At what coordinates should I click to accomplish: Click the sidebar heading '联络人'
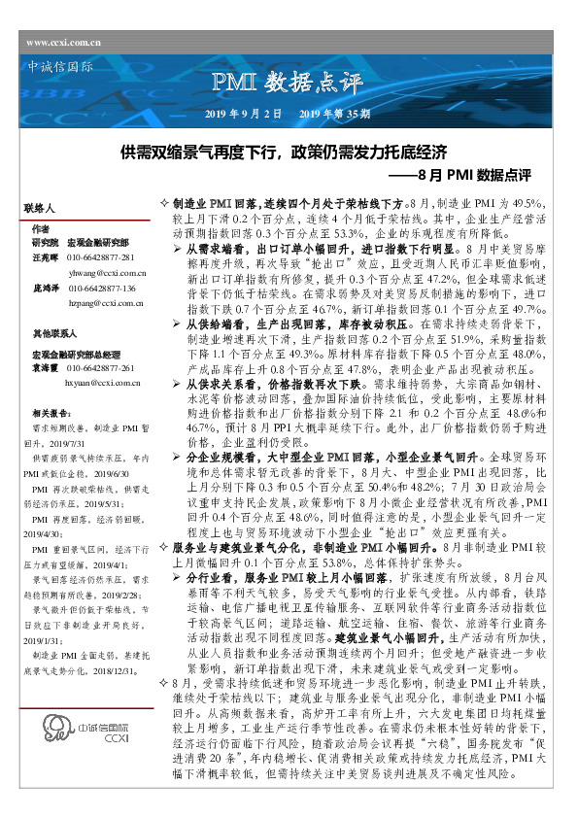coord(41,209)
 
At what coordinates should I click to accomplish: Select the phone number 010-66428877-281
coord(101,256)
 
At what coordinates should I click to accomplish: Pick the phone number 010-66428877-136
coord(101,289)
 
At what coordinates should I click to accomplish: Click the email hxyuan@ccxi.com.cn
coord(103,384)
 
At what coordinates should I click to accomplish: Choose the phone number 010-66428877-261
coord(101,368)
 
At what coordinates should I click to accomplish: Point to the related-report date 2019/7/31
coord(64,440)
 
